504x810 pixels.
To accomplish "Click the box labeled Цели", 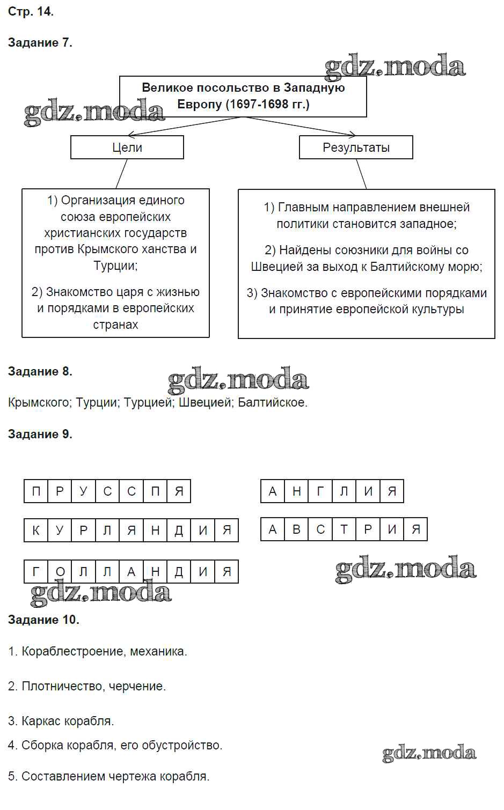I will pyautogui.click(x=127, y=148).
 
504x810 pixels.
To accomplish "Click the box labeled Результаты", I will pyautogui.click(x=356, y=148).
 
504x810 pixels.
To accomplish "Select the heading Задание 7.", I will pyautogui.click(x=40, y=43).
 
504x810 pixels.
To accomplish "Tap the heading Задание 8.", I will pyautogui.click(x=40, y=371).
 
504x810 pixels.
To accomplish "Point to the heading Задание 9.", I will pyautogui.click(x=40, y=434).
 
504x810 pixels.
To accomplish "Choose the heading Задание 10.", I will pyautogui.click(x=43, y=620).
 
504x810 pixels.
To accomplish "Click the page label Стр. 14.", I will pyautogui.click(x=31, y=11).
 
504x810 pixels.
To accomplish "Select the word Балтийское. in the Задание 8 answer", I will pyautogui.click(x=273, y=402).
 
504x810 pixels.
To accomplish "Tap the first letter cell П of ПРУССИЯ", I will pyautogui.click(x=36, y=491).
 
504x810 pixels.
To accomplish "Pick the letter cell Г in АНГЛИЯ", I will pyautogui.click(x=320, y=491).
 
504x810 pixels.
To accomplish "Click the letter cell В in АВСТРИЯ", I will pyautogui.click(x=297, y=529).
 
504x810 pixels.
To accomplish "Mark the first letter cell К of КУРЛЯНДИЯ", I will pyautogui.click(x=36, y=531).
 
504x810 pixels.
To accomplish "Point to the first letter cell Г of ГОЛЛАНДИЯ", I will pyautogui.click(x=36, y=572).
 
